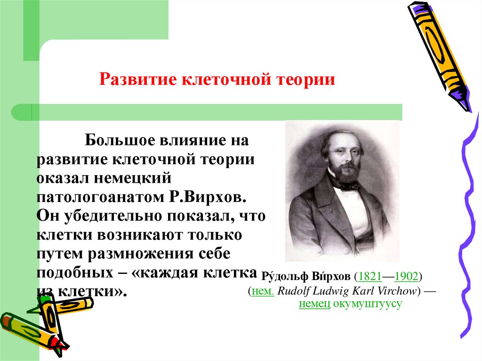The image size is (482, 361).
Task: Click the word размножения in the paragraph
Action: [140, 253]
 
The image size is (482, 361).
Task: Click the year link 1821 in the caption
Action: [370, 276]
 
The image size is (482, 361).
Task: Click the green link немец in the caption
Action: [314, 304]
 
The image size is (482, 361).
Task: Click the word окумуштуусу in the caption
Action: [368, 304]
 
